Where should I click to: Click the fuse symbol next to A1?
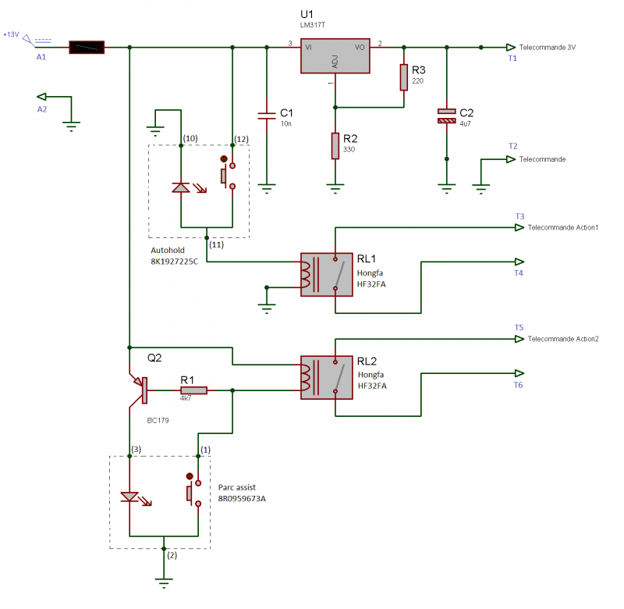[x=86, y=48]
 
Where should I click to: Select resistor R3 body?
[x=403, y=77]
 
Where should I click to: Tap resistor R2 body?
[x=335, y=145]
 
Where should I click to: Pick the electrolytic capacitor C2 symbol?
[x=446, y=116]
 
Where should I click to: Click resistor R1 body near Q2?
[x=193, y=390]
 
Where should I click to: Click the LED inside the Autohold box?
[x=181, y=187]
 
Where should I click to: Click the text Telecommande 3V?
[x=548, y=48]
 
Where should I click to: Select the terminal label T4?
[x=519, y=273]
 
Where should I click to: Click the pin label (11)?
[x=216, y=244]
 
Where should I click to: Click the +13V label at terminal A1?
[x=11, y=34]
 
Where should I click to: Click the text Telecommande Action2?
[x=563, y=340]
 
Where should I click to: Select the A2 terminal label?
[x=42, y=110]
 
